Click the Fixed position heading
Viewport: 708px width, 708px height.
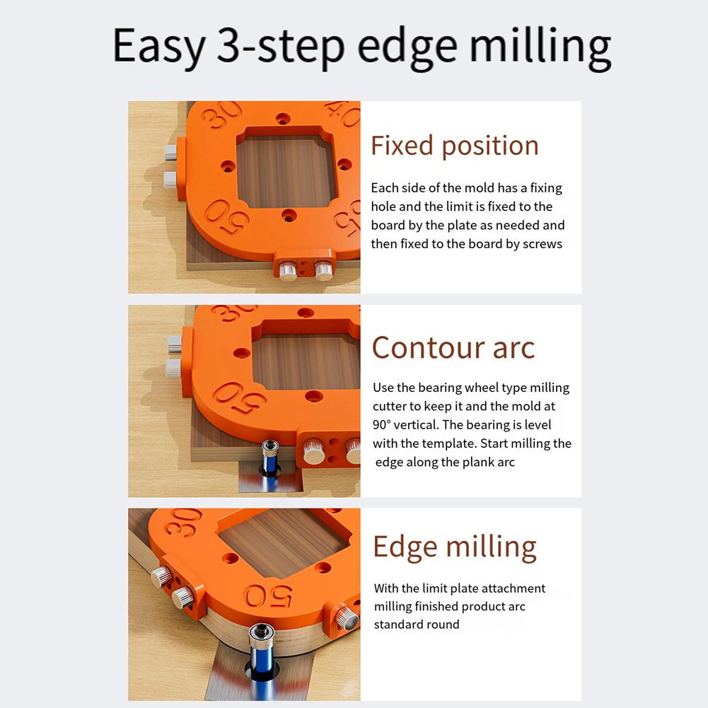point(454,146)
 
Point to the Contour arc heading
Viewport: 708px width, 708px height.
point(453,347)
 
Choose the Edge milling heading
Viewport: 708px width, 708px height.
point(454,547)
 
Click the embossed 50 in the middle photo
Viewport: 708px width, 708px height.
point(240,400)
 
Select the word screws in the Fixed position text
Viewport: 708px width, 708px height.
point(542,243)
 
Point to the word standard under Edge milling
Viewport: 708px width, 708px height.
point(397,625)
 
